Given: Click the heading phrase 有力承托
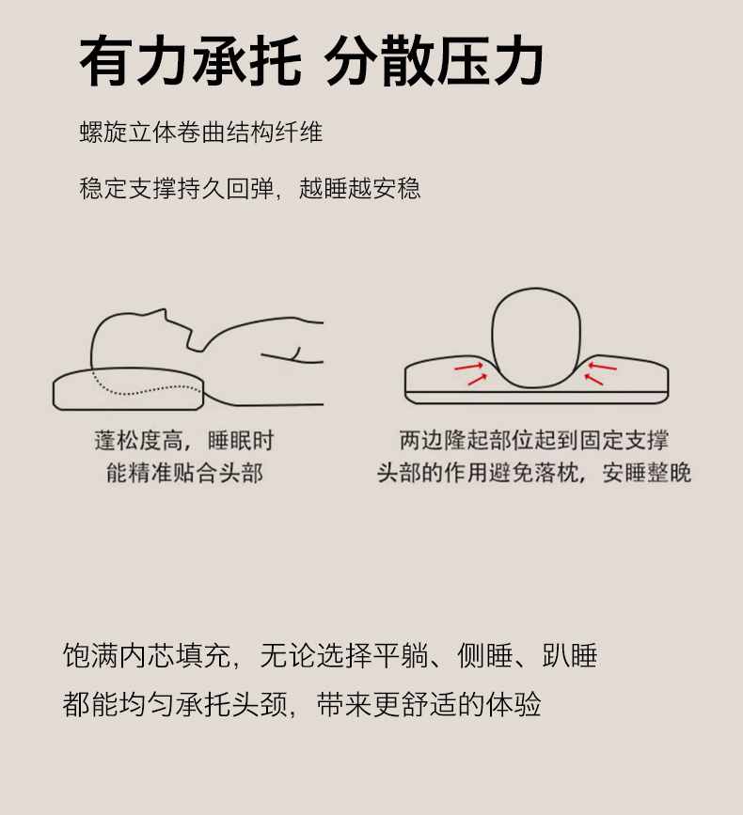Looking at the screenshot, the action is coord(190,61).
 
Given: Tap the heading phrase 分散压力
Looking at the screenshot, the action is coord(434,61).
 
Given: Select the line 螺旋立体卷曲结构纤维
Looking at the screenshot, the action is coord(201,133).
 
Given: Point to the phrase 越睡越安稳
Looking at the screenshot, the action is coord(359,188).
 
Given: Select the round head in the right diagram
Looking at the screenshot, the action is coord(535,337).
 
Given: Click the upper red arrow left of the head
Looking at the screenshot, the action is coord(469,367).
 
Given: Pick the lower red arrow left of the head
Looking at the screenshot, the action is coord(478,380).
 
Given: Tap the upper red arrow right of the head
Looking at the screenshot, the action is coord(602,367).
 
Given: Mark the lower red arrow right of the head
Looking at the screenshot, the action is coord(593,380).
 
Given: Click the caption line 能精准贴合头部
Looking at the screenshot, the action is coord(184,473).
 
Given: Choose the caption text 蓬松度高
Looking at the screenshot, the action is coord(138,441).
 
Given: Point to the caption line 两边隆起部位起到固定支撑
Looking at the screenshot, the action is coord(533,440).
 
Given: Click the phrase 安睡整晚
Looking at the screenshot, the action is coord(647,473).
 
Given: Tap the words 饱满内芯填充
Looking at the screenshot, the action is coord(146,655).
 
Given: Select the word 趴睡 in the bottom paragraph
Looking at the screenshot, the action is coord(569,655).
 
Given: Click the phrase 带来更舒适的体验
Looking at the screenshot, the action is coord(429,705).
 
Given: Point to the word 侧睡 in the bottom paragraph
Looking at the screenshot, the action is coord(485,655).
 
